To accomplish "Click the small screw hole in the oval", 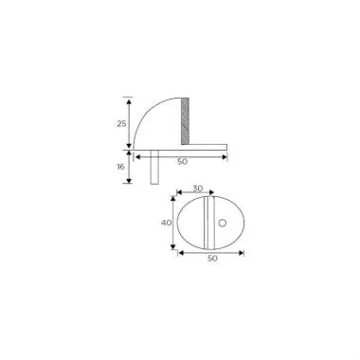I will click(x=225, y=223).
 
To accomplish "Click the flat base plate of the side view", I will click(x=189, y=147).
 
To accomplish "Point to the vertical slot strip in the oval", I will click(x=206, y=223).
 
